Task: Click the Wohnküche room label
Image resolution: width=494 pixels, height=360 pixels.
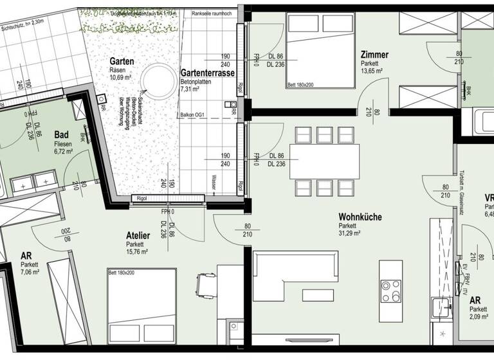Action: coord(360,217)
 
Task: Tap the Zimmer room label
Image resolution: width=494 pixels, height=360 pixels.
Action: coord(374,55)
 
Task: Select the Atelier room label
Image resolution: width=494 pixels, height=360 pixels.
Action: coord(138,235)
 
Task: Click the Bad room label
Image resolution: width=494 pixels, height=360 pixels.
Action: coord(62,134)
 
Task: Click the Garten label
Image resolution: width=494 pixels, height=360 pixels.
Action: coord(122,61)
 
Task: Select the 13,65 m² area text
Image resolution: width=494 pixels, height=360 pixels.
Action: coord(373,72)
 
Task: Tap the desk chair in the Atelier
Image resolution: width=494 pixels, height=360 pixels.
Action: coord(206,283)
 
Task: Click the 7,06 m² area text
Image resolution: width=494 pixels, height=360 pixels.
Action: coord(30,273)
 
